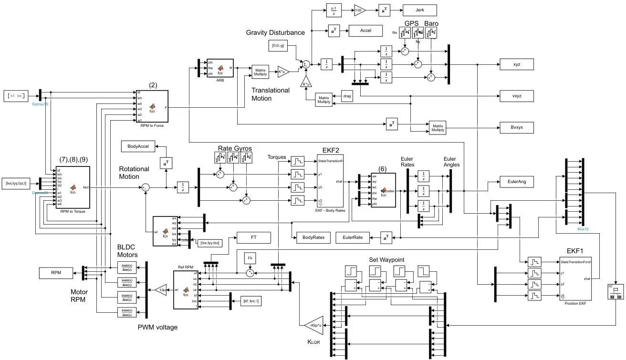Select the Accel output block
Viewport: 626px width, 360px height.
pos(365,31)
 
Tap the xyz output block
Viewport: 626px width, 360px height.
pos(517,64)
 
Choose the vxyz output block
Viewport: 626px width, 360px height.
pos(517,96)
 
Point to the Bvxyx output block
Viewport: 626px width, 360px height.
pos(517,128)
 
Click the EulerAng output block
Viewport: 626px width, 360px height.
pos(517,182)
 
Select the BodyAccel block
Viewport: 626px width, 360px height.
pos(138,146)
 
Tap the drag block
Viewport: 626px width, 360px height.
pos(348,96)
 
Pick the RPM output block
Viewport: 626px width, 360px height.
pos(56,273)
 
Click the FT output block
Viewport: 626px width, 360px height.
pos(253,237)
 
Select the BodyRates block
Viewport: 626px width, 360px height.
pos(310,237)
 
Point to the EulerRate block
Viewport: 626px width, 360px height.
pos(353,237)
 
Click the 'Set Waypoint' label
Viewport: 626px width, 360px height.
pos(386,259)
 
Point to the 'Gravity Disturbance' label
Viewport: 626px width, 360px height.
pos(275,32)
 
